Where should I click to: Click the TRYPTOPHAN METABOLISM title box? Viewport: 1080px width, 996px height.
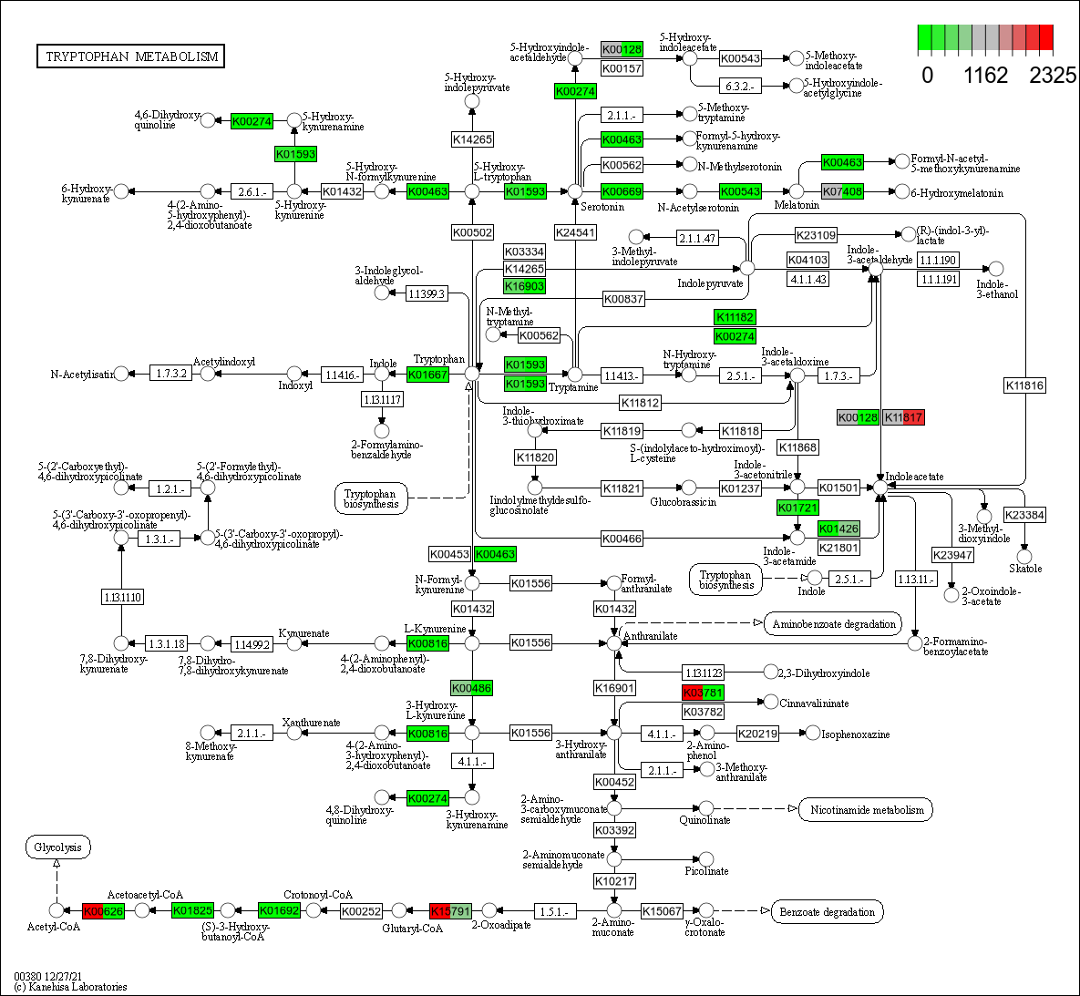pos(131,56)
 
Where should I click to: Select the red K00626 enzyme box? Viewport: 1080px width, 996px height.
pos(103,910)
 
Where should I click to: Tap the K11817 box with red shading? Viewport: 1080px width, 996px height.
pos(903,417)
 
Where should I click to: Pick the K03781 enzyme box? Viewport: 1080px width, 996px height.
pos(703,693)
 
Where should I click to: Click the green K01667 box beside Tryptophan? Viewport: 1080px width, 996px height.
pos(427,375)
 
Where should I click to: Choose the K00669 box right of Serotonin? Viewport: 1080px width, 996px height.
pos(622,191)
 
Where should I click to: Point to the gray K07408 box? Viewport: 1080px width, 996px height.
pos(842,191)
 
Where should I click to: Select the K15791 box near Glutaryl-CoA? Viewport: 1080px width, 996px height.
pos(450,910)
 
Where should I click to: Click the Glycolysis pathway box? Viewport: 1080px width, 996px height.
pos(57,847)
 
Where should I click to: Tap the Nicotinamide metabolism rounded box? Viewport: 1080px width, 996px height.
pos(866,809)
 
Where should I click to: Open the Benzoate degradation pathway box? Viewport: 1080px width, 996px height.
pos(828,911)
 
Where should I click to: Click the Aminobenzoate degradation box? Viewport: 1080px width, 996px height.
pos(833,624)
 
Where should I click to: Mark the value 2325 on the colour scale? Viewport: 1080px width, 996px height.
pos(1053,76)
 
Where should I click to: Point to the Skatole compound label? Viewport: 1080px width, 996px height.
pos(1025,569)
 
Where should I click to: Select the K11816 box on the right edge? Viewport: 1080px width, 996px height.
pos(1024,385)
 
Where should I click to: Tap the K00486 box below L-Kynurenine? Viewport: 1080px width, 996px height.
pos(472,688)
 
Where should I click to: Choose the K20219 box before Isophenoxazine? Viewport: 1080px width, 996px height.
pos(757,734)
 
